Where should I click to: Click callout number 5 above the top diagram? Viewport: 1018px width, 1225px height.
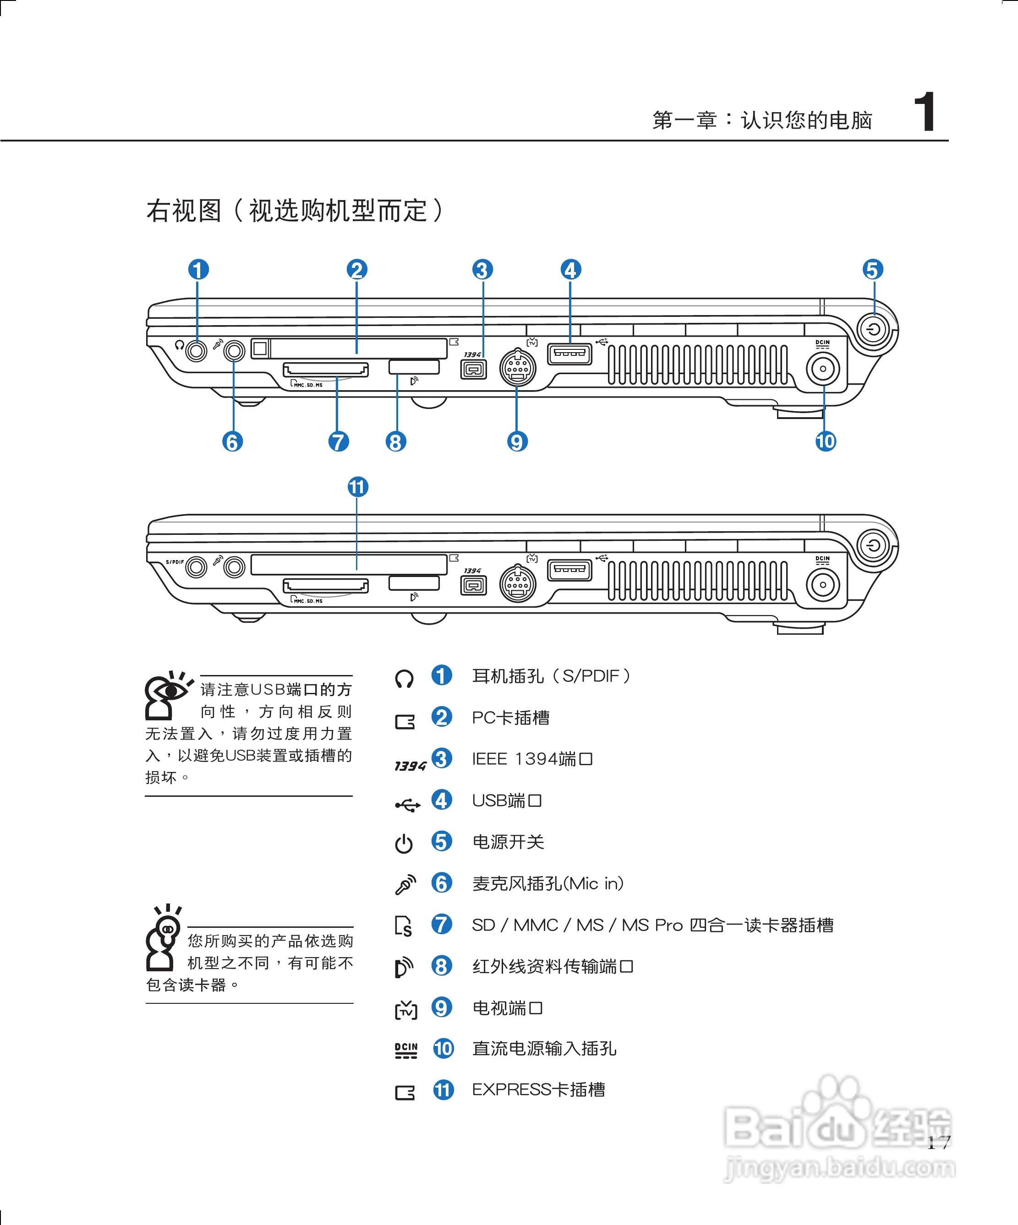(x=873, y=269)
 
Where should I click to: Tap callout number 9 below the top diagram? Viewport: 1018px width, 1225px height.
(x=517, y=441)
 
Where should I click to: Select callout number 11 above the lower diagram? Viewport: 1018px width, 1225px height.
(x=358, y=486)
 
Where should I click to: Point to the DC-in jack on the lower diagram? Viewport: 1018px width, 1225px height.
(x=822, y=584)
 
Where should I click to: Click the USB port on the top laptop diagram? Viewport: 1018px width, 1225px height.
(x=569, y=354)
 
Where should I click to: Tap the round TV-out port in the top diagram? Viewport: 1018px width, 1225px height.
(x=517, y=367)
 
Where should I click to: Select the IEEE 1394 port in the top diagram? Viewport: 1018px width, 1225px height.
(x=473, y=369)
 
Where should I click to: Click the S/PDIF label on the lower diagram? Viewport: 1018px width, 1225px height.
(x=175, y=562)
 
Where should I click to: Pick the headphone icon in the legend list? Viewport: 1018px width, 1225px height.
(x=404, y=678)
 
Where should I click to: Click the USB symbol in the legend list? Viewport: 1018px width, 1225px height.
(x=407, y=806)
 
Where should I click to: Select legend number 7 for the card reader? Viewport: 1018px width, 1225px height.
(x=441, y=925)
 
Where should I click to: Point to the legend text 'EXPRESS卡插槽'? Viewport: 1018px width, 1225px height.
(x=538, y=1089)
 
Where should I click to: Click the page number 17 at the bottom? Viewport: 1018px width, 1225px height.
(x=939, y=1142)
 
